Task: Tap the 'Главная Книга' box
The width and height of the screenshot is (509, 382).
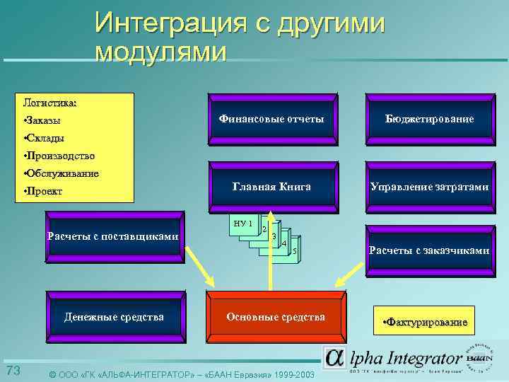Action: pyautogui.click(x=271, y=187)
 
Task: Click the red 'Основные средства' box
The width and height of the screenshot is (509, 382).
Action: pyautogui.click(x=276, y=316)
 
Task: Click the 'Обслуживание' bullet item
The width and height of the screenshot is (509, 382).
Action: pyautogui.click(x=62, y=173)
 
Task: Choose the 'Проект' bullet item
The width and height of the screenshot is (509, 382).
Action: pyautogui.click(x=44, y=191)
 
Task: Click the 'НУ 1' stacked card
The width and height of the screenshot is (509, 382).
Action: pyautogui.click(x=242, y=224)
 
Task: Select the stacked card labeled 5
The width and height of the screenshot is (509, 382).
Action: pyautogui.click(x=293, y=253)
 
